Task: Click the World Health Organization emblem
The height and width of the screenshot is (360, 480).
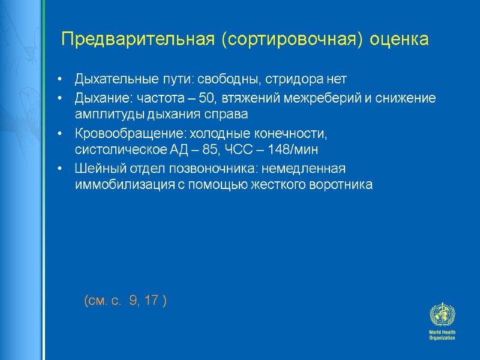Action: tap(442, 315)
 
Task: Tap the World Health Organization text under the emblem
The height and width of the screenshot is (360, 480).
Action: tap(442, 335)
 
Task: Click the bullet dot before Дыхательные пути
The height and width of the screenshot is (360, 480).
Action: tap(60, 80)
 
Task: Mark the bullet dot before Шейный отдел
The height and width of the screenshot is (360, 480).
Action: tap(60, 169)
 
